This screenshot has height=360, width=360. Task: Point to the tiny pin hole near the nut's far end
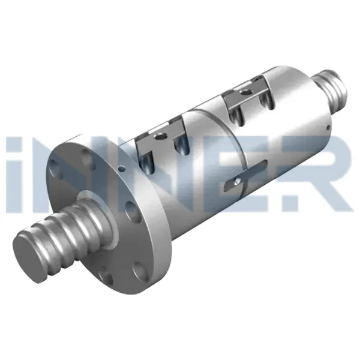click(325, 128)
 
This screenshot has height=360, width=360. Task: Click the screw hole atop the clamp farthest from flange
click(244, 91)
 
